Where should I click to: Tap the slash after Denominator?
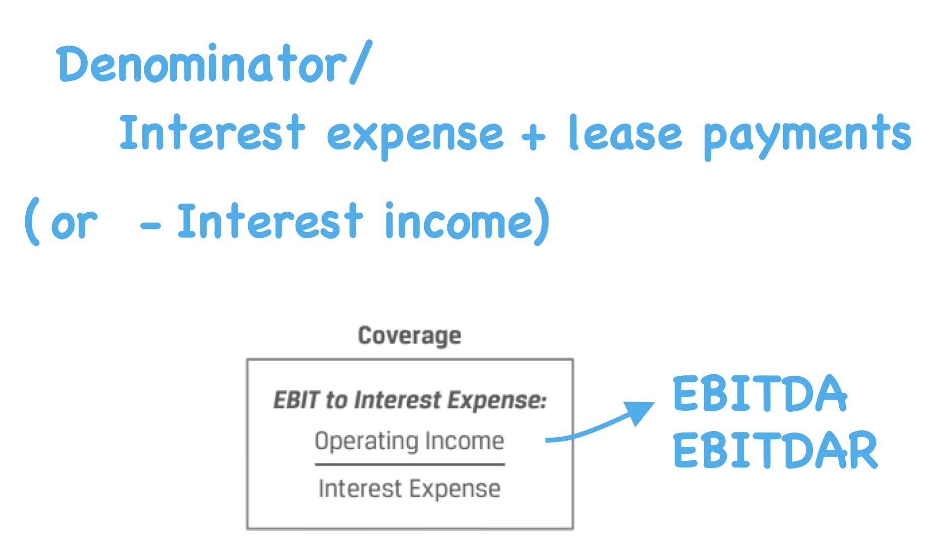(x=361, y=63)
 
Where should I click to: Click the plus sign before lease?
(x=533, y=136)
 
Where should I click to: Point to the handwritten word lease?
(x=625, y=134)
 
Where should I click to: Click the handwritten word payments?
(x=807, y=136)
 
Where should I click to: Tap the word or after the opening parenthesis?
(x=73, y=224)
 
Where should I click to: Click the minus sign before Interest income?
(x=150, y=226)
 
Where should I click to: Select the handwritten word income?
(x=458, y=223)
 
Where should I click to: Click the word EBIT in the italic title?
(x=296, y=400)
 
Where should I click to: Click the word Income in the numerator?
(x=464, y=441)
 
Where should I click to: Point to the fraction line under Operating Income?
(x=409, y=464)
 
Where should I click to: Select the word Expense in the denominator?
(x=454, y=489)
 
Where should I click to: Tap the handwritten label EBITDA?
(x=759, y=394)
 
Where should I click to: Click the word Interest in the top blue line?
(x=212, y=133)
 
